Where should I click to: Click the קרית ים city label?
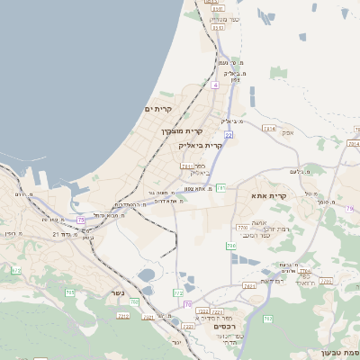pyautogui.click(x=157, y=108)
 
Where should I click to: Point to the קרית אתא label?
pyautogui.click(x=269, y=195)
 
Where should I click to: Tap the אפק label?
pyautogui.click(x=287, y=132)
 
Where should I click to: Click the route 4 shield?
pyautogui.click(x=216, y=85)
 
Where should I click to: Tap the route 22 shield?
pyautogui.click(x=229, y=135)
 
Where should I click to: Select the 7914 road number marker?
pyautogui.click(x=268, y=129)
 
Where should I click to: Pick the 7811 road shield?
pyautogui.click(x=186, y=166)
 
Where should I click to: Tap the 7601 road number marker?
pyautogui.click(x=249, y=285)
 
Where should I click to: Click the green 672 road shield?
pyautogui.click(x=15, y=270)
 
